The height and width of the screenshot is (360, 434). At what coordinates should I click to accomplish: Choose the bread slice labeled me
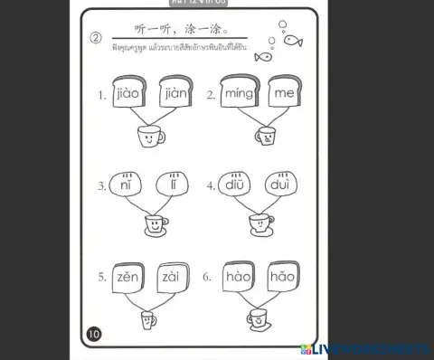[x=283, y=92]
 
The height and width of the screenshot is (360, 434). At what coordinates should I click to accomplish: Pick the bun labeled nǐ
[x=126, y=186]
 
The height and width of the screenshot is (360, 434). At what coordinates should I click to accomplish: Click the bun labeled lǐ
[x=172, y=186]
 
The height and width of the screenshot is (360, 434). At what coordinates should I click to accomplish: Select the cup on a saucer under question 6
[x=258, y=318]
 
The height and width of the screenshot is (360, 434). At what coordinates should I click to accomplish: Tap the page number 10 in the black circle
[x=94, y=335]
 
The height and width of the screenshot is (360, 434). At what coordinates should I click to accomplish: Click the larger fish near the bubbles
[x=293, y=40]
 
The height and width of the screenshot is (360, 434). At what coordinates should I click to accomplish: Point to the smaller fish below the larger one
[x=262, y=56]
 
